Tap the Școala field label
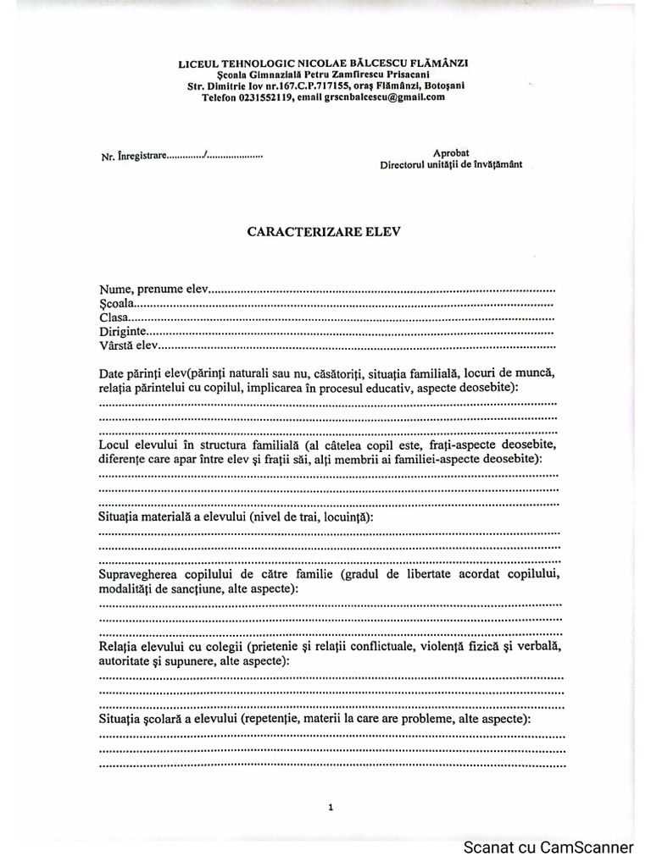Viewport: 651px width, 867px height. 116,303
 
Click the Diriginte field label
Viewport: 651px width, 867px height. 124,331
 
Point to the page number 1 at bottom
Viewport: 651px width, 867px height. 330,808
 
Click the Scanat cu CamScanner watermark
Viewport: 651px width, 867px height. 548,848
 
